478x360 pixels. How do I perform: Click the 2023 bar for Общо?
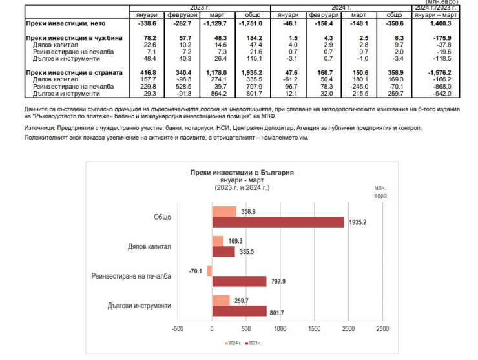click(278, 222)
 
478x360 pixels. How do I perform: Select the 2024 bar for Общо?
click(224, 212)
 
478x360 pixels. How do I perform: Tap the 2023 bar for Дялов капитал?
click(223, 251)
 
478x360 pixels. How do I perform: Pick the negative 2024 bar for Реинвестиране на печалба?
click(209, 271)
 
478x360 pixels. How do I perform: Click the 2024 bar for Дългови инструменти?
click(221, 300)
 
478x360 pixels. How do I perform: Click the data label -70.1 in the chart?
click(194, 271)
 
